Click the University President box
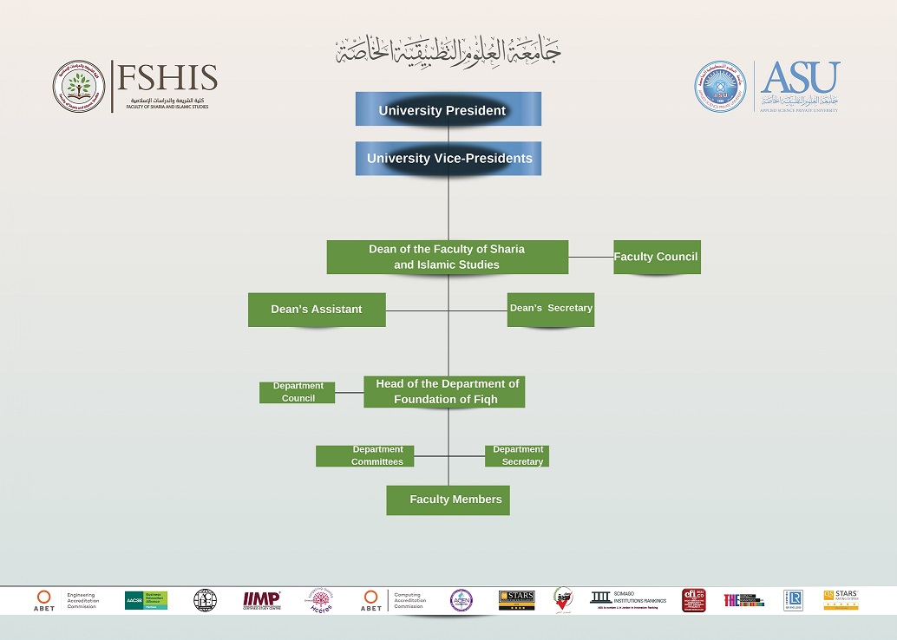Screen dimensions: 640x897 [x=448, y=109]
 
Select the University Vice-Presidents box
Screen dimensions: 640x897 [x=448, y=158]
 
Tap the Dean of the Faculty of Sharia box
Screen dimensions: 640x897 [x=447, y=257]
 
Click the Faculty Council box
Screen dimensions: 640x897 [x=657, y=257]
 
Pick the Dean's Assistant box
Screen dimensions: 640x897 [x=317, y=310]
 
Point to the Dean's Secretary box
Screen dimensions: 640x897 [x=551, y=309]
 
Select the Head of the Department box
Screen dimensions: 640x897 [x=444, y=392]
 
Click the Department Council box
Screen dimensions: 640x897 [x=298, y=392]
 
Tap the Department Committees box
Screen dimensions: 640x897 [x=365, y=456]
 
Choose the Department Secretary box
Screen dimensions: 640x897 [x=517, y=456]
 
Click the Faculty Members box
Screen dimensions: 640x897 [x=448, y=500]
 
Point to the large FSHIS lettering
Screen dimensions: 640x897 [x=166, y=78]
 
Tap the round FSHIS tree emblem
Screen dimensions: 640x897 [x=80, y=86]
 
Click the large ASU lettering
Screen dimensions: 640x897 [x=800, y=78]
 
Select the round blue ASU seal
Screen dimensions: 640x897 [x=720, y=86]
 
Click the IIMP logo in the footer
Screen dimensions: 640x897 [x=261, y=599]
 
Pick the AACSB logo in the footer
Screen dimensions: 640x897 [x=146, y=600]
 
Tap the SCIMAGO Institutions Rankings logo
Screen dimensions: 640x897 [x=628, y=598]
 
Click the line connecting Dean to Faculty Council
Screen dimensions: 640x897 [x=591, y=257]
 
